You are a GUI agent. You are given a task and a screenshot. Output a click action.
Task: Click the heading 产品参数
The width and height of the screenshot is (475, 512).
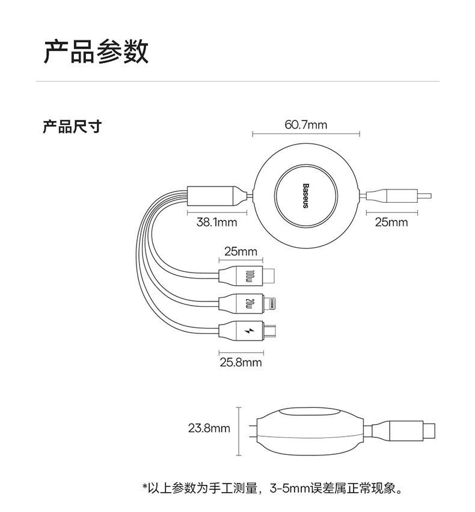pyautogui.click(x=96, y=52)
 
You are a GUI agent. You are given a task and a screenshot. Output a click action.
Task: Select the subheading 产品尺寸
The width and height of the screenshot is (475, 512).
pyautogui.click(x=72, y=127)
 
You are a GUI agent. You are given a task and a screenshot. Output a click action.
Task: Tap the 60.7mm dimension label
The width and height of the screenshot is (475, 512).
pyautogui.click(x=305, y=125)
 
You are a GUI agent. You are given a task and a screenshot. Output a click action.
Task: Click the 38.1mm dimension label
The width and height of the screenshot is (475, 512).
pyautogui.click(x=217, y=223)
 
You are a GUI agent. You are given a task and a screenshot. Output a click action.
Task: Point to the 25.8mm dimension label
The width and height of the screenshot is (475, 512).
pyautogui.click(x=241, y=362)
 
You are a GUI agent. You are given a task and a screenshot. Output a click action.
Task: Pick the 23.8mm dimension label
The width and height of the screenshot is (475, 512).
pyautogui.click(x=209, y=428)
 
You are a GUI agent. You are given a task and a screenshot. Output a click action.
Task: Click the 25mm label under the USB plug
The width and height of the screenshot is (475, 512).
pyautogui.click(x=391, y=223)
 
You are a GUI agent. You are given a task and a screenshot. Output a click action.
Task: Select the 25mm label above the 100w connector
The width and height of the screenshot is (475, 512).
pyautogui.click(x=241, y=251)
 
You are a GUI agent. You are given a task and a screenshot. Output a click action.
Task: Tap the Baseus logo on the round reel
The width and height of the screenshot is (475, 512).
pyautogui.click(x=305, y=196)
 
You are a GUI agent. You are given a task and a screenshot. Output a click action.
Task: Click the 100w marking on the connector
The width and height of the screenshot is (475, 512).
pyautogui.click(x=249, y=277)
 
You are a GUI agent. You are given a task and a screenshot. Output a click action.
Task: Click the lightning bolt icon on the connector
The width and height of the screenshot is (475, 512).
pyautogui.click(x=248, y=332)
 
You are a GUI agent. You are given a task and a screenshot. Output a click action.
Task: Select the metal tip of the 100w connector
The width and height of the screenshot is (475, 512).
pyautogui.click(x=271, y=277)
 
